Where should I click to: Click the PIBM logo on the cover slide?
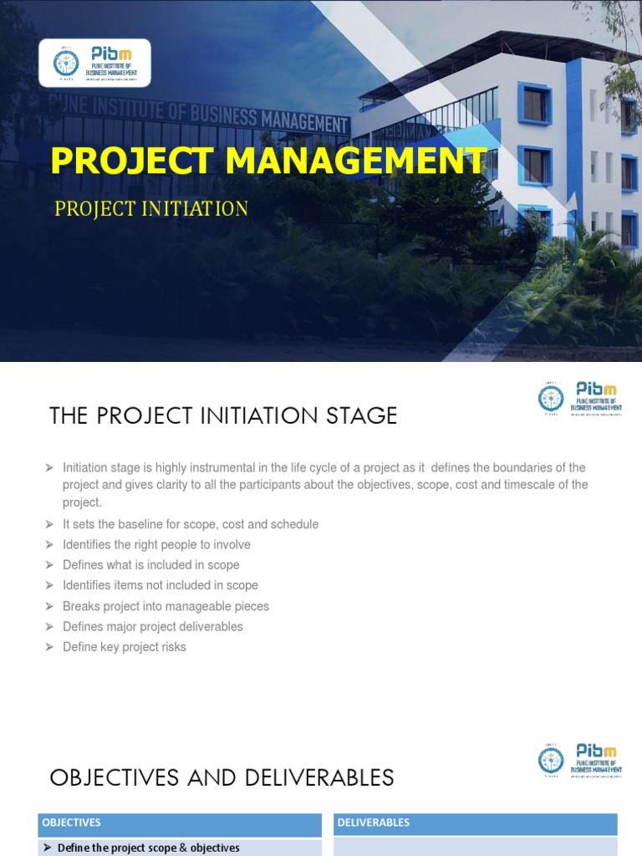pos(95,63)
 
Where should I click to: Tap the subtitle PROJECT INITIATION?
pos(151,208)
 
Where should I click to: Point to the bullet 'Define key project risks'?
pos(125,647)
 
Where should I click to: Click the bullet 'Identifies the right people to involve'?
pos(156,544)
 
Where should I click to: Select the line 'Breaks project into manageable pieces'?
pos(166,606)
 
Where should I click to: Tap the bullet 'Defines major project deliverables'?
pos(153,626)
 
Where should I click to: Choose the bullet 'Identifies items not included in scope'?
pos(160,585)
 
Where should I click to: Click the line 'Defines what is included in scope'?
pos(151,565)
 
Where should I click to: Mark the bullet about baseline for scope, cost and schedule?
pos(191,524)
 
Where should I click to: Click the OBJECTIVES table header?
pos(71,823)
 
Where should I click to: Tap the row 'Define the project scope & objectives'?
pos(149,848)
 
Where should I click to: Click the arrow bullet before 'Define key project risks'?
pos(49,647)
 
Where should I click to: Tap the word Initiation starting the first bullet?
pos(84,467)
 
